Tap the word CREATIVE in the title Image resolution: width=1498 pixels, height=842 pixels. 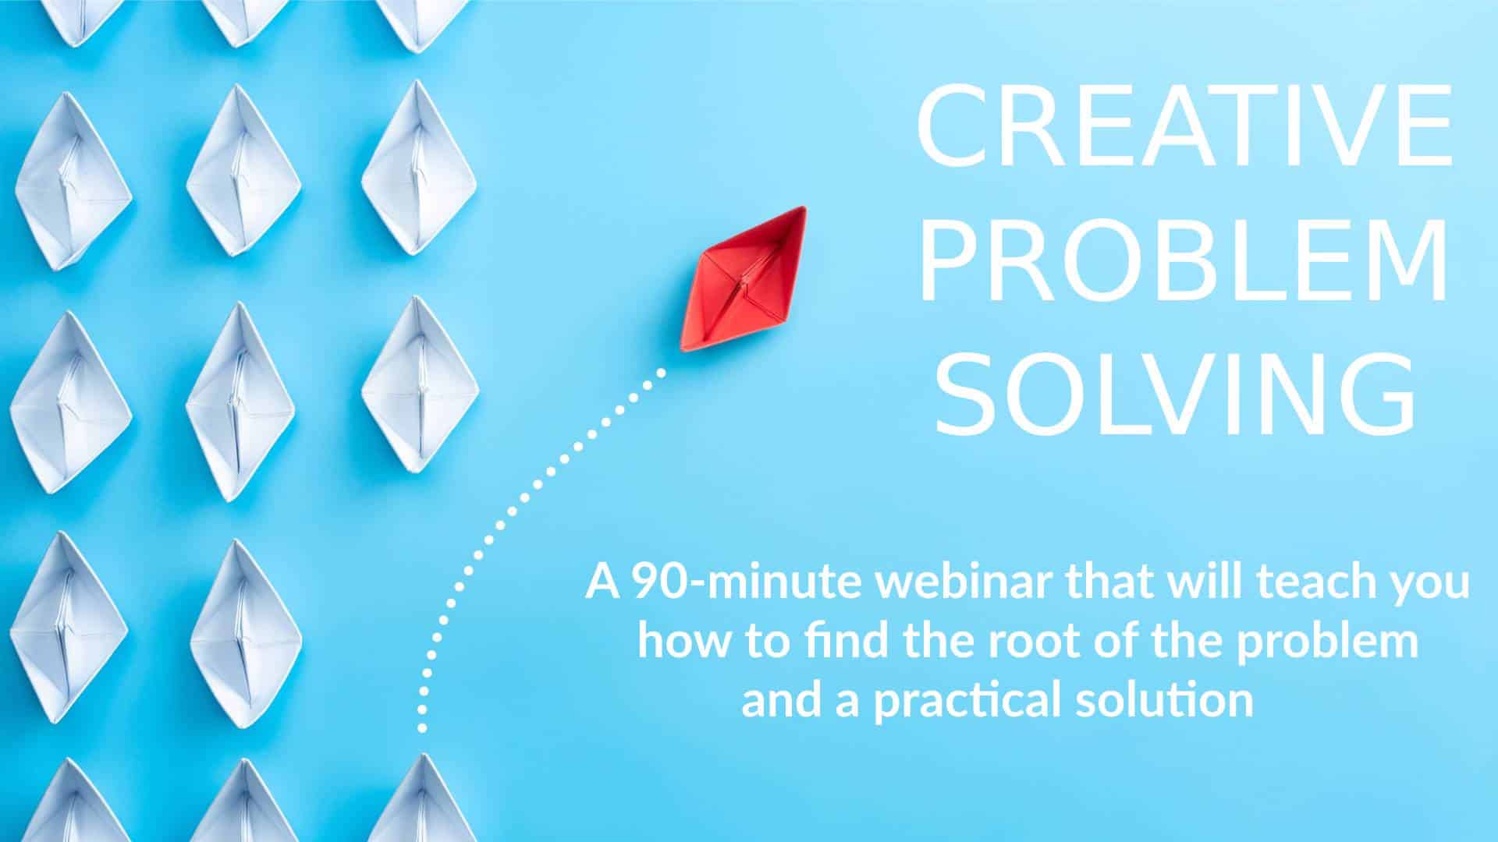point(1184,129)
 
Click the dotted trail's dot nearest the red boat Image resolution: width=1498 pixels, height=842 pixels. point(662,373)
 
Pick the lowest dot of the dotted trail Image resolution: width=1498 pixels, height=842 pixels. point(422,729)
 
